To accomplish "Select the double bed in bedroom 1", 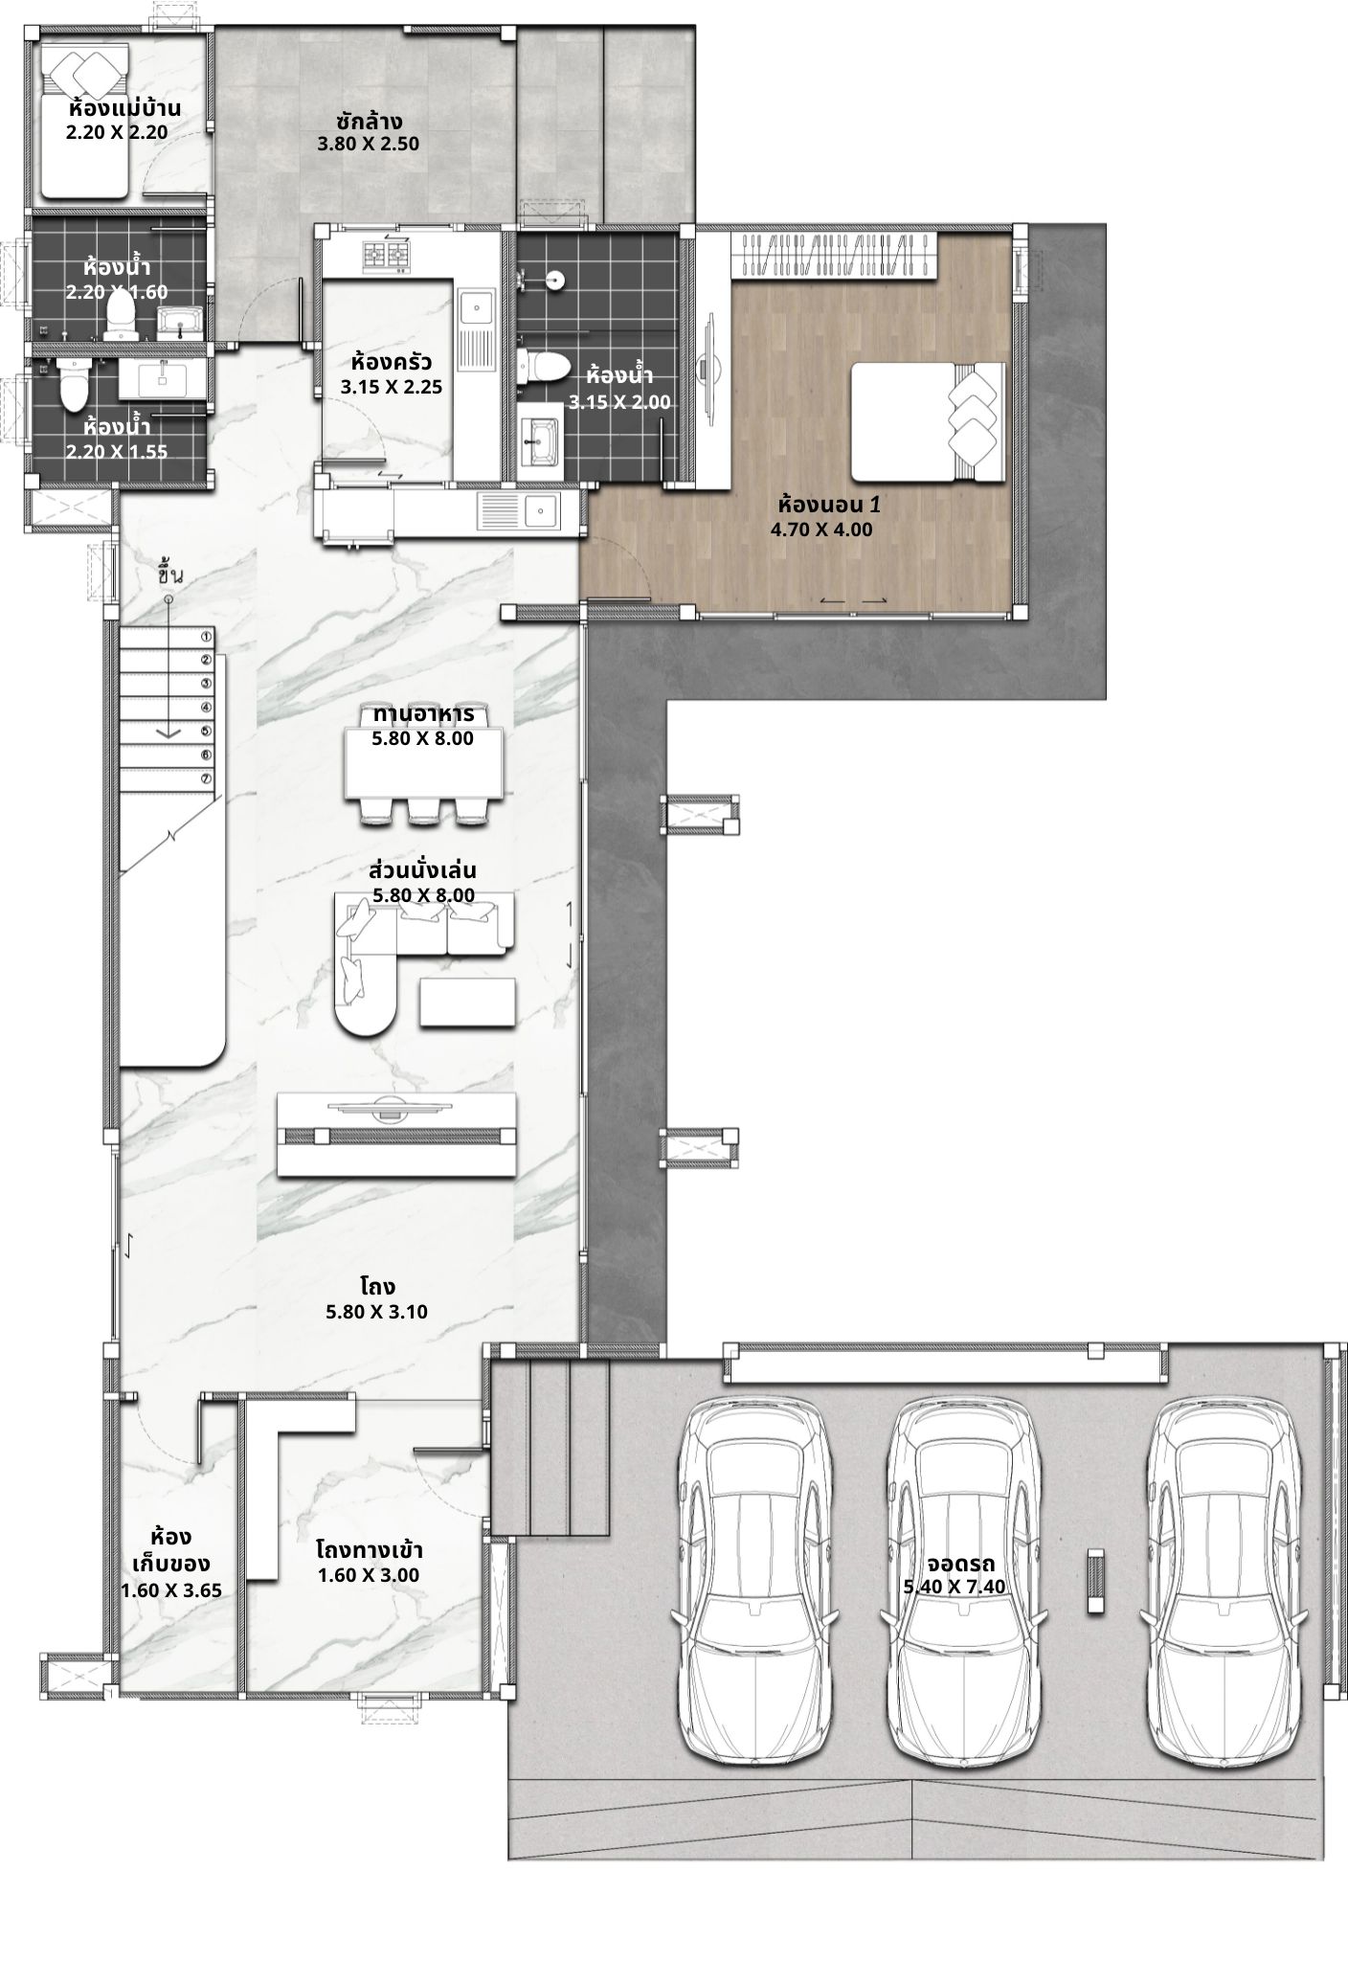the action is [x=928, y=421].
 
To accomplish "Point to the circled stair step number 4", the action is [x=206, y=708].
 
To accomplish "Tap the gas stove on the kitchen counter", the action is [x=385, y=254].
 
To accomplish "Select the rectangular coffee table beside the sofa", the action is [x=468, y=1002].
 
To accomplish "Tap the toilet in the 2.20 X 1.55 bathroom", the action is [x=73, y=384].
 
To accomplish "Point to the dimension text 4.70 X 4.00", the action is [x=821, y=530].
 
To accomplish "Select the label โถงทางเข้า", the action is [x=369, y=1549].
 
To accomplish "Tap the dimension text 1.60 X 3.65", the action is [x=171, y=1590].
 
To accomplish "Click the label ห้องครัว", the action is [x=392, y=363].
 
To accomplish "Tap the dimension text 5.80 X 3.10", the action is [x=376, y=1312].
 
